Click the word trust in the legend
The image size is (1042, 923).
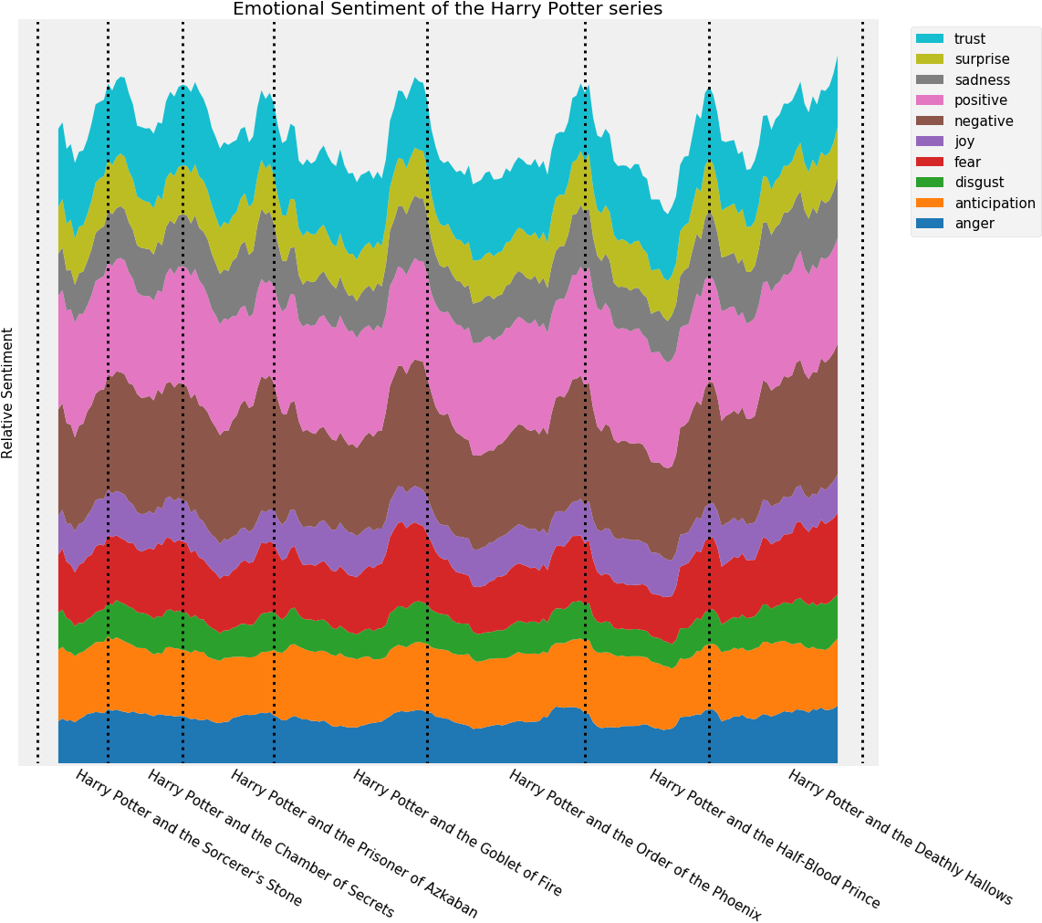969,38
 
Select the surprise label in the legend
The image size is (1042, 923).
982,59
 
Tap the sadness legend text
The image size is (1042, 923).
982,80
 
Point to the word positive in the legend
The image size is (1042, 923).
981,100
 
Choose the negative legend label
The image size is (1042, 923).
984,121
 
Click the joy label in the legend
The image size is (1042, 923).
964,142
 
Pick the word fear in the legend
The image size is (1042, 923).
967,163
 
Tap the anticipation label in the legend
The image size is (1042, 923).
995,204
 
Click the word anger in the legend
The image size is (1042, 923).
974,224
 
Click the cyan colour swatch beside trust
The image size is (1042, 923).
930,38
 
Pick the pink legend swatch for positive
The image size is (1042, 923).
930,100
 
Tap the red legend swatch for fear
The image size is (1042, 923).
930,163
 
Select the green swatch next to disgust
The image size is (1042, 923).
930,183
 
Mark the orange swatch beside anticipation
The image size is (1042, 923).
930,204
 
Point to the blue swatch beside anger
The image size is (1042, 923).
930,224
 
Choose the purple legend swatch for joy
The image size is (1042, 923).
930,142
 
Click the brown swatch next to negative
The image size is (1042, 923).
930,121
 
